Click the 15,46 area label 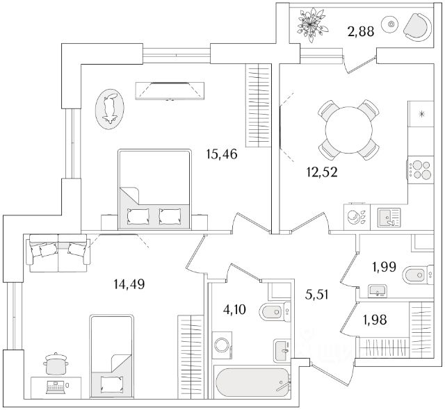[x=222, y=154]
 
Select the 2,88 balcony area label [x=360, y=31]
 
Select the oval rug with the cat [x=109, y=108]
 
